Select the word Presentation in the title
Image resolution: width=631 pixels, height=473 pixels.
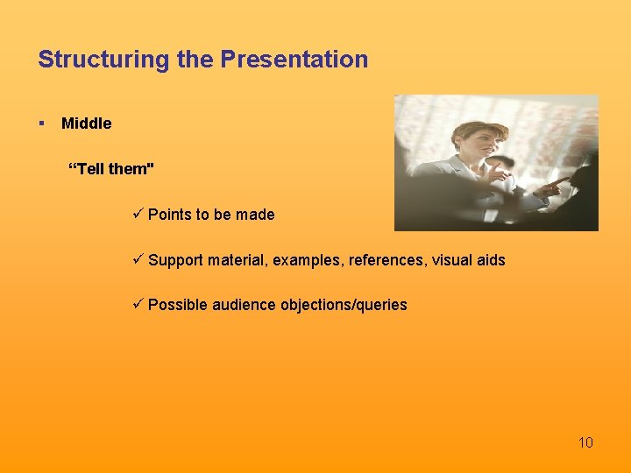point(294,60)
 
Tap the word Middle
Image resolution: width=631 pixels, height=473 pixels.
point(87,124)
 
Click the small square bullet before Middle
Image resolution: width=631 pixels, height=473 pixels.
point(41,124)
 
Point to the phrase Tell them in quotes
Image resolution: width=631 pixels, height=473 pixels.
point(111,169)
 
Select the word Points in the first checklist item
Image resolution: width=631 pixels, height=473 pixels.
point(168,215)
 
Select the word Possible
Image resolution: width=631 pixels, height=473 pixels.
point(178,305)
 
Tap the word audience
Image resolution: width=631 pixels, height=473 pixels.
point(245,305)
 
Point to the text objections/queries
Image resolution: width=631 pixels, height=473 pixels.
point(344,305)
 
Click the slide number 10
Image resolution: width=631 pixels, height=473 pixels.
point(585,442)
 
